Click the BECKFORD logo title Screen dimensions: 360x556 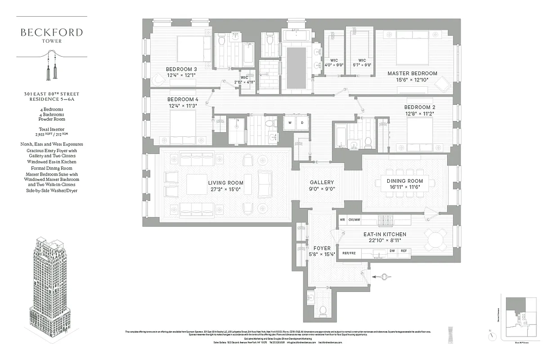coord(51,32)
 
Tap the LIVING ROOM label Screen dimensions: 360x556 coord(225,183)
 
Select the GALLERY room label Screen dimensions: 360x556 coord(322,182)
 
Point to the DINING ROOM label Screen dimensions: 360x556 coord(405,181)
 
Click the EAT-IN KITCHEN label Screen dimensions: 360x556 coord(385,234)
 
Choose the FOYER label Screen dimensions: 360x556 coord(322,248)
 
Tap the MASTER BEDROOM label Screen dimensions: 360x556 coord(412,73)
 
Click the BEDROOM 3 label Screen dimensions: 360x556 coord(182,69)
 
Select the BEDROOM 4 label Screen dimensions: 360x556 coord(183,99)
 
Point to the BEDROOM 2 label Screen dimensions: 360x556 coord(419,107)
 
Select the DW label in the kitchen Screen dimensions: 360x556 coord(392,251)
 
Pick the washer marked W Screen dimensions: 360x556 coord(290,122)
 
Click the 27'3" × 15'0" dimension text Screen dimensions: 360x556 coord(225,189)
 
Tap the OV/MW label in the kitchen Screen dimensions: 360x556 coord(354,220)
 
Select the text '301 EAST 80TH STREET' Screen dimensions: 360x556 coord(51,94)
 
